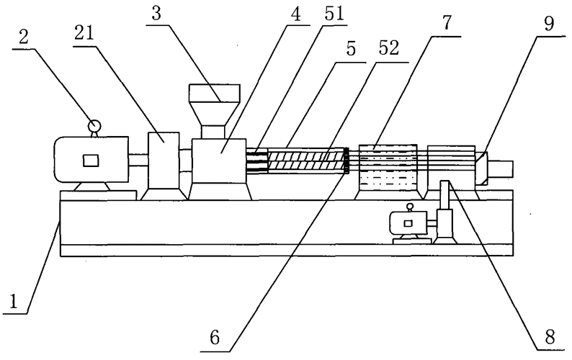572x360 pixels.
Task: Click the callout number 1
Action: coord(14,302)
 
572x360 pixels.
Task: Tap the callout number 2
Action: coord(24,37)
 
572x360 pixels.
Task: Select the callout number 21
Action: coord(84,33)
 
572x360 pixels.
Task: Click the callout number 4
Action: coord(296,15)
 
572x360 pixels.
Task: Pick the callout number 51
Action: coord(334,14)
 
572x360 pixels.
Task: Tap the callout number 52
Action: coord(388,48)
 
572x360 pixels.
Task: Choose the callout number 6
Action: coord(215,338)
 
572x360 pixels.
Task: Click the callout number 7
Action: coord(447,22)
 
